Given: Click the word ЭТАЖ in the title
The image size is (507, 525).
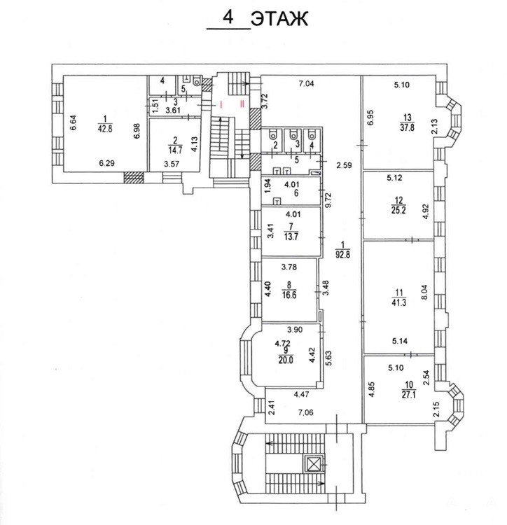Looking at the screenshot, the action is [279, 18].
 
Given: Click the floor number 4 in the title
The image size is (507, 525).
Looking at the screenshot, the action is [228, 17].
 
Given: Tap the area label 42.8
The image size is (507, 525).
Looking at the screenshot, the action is [105, 129].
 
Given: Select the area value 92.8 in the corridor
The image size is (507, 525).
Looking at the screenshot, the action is [343, 254].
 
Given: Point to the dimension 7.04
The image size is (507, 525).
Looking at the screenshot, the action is [307, 83].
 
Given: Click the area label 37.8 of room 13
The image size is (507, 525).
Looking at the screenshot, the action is [407, 127].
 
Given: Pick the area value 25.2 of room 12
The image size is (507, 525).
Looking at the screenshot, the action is [398, 210].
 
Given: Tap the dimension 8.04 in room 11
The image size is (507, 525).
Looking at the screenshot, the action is [425, 293].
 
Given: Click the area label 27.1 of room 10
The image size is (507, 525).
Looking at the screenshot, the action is [409, 394].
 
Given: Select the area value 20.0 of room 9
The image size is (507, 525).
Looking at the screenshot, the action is [286, 360].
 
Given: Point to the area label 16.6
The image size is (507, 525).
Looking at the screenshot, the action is [289, 295].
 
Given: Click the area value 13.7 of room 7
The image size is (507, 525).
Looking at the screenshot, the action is [291, 237].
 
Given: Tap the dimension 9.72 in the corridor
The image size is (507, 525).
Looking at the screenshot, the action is [328, 199].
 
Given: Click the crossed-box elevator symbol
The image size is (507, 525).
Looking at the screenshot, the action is [314, 463].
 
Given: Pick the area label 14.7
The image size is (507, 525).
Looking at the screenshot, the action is [176, 150].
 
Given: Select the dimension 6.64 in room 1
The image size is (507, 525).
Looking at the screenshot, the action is [74, 123].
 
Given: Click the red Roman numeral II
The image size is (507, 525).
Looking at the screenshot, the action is [242, 104].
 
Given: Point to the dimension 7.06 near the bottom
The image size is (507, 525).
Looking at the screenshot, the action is [306, 412].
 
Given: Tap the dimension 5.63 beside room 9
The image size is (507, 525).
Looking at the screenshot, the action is [328, 358].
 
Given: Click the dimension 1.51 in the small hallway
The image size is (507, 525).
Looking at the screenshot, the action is [155, 106].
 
